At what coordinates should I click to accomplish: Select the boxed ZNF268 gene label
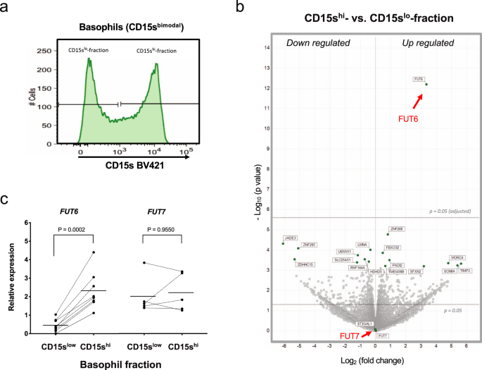(396, 229)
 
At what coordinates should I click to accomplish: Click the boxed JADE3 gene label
(290, 238)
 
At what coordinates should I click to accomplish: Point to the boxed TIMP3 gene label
(465, 271)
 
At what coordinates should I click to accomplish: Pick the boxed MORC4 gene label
(457, 257)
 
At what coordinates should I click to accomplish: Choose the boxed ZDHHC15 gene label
(305, 264)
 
